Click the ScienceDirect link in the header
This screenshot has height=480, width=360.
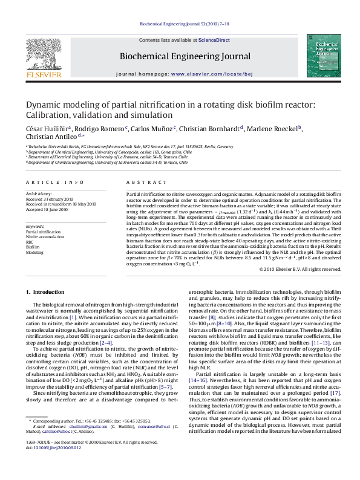pos(214,40)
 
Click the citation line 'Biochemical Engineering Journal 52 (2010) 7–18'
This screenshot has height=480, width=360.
pos(179,24)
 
